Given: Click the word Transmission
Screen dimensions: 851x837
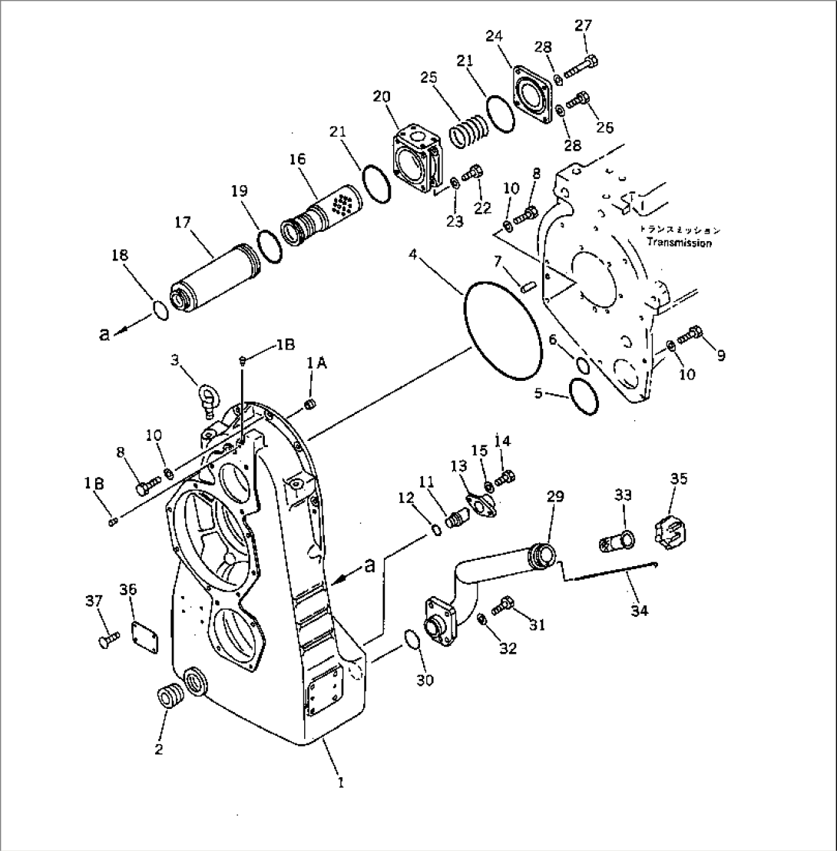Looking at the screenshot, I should [x=678, y=243].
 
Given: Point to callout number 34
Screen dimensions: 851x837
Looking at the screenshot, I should [x=639, y=611].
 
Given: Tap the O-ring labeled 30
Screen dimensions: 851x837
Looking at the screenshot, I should [x=412, y=637].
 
